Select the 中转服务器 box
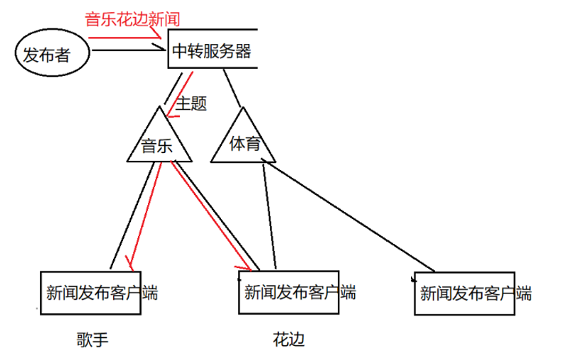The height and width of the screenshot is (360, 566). pos(211,51)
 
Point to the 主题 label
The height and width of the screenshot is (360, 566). pos(192,104)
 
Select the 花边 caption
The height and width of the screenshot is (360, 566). pos(288,340)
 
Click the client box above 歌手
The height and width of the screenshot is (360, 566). pos(100,292)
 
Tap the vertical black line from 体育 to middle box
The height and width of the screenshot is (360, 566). pos(271,213)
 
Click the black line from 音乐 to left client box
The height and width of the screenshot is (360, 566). pos(135,206)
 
